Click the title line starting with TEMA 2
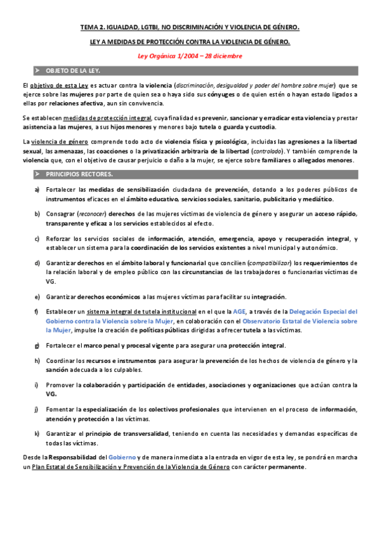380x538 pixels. tap(190, 27)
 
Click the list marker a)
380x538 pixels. tap(37, 190)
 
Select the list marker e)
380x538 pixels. tap(37, 296)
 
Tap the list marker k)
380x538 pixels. tap(37, 433)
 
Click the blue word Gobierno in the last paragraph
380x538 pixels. tap(121, 457)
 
